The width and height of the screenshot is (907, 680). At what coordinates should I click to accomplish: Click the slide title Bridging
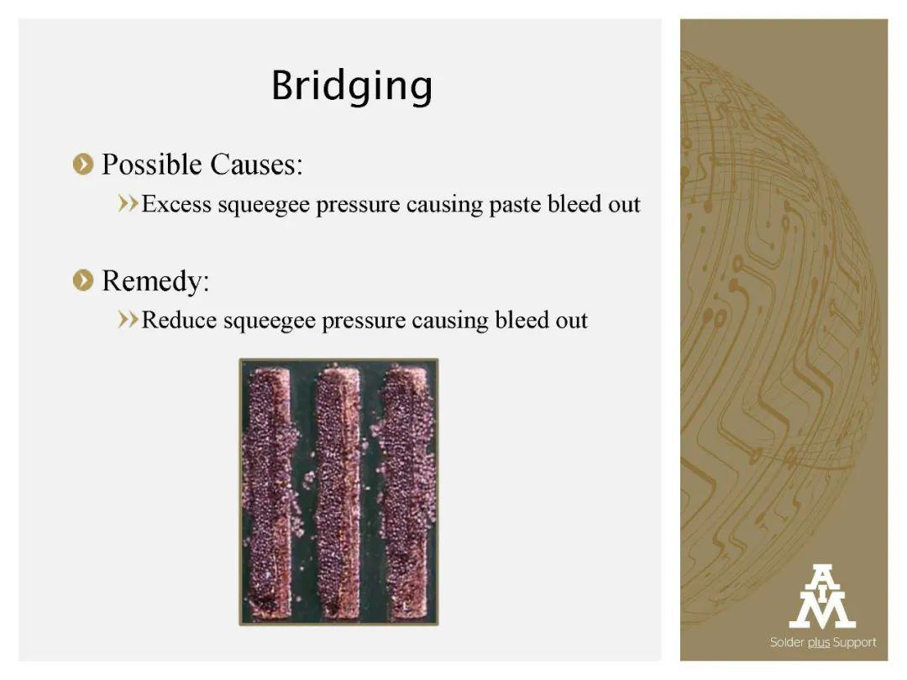352,87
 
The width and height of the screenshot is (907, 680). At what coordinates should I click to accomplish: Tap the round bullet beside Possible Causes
83,165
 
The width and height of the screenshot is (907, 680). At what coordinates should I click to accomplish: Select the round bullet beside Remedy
83,280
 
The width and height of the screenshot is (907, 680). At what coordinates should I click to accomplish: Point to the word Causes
256,165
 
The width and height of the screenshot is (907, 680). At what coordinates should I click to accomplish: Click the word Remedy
155,281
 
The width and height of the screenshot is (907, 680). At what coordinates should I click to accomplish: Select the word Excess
176,204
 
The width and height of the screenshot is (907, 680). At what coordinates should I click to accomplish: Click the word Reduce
180,321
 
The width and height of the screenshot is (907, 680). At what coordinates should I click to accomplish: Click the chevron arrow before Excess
128,203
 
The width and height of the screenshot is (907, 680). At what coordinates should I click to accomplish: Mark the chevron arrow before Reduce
128,319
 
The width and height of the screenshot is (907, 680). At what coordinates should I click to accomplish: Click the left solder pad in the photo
269,492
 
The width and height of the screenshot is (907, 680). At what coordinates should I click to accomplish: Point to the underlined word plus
819,642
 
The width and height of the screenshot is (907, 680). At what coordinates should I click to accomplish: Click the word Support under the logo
854,642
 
